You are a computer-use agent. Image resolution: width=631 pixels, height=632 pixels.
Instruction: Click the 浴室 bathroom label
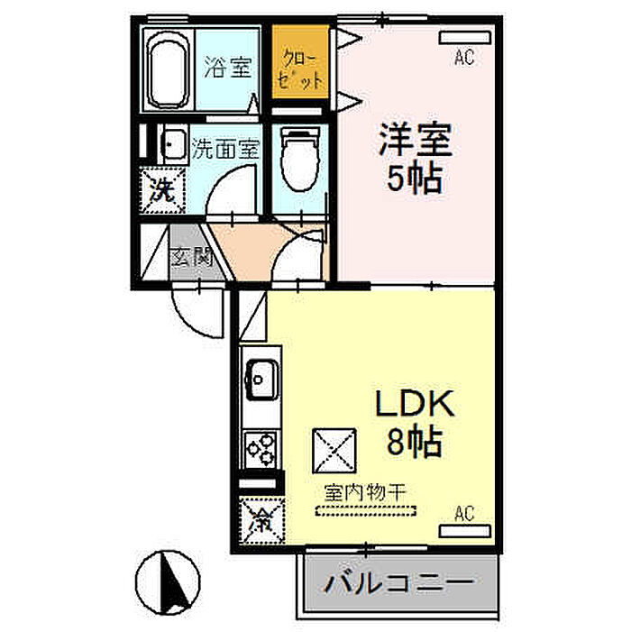(x=226, y=68)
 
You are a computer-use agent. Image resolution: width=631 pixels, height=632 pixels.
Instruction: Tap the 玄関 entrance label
(x=191, y=256)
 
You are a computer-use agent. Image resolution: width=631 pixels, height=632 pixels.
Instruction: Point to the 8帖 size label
(x=414, y=442)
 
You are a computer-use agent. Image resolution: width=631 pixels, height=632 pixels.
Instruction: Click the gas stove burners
(x=261, y=448)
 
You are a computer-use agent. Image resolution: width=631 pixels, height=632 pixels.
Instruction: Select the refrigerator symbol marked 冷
(x=261, y=518)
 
